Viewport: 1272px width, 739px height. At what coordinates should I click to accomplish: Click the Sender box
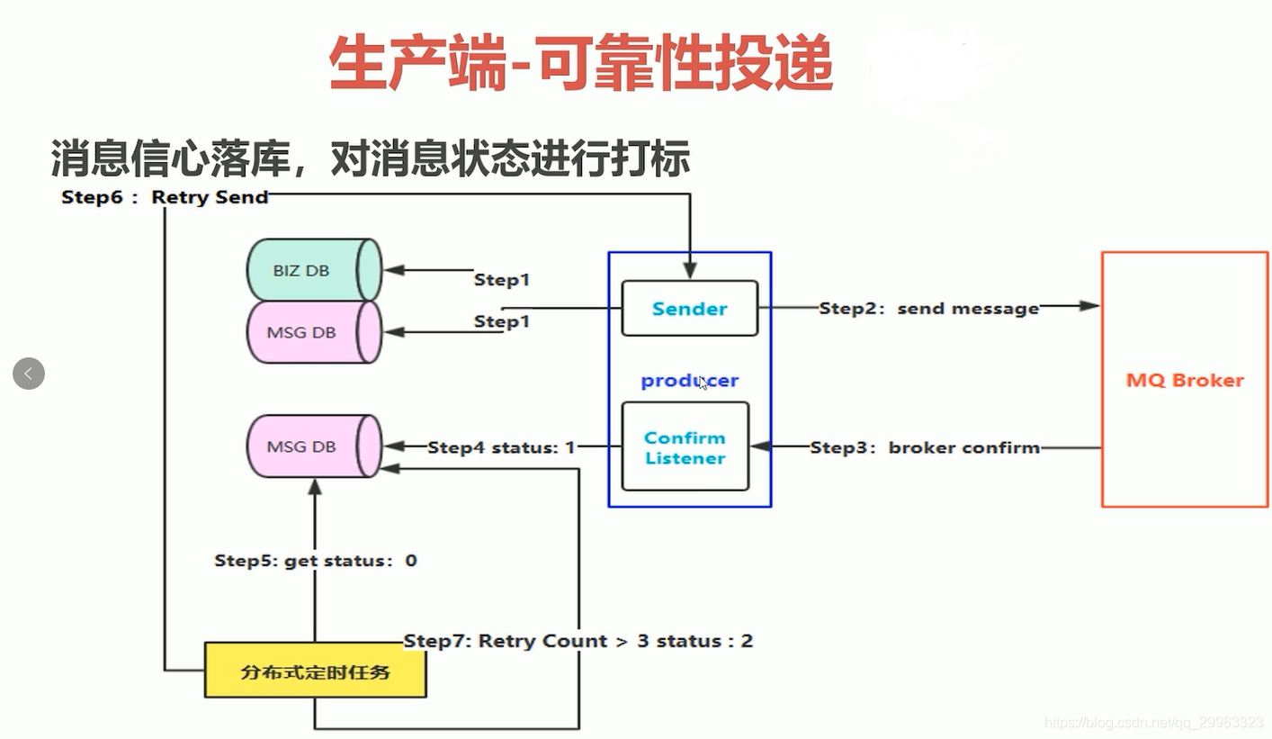pos(689,309)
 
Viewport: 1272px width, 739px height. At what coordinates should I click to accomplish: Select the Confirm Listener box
pos(685,447)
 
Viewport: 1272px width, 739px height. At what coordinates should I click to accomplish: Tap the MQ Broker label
pos(1185,380)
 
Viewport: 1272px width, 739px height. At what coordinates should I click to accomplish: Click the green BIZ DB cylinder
pos(313,270)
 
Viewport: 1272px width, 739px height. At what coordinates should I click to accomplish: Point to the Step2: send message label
pos(928,309)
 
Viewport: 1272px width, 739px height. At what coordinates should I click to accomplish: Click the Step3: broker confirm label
pos(925,447)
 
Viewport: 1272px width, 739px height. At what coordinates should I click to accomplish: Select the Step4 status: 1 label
pos(501,447)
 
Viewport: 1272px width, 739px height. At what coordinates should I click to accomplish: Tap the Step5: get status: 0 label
pos(315,561)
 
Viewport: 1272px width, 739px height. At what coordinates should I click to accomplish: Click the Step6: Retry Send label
pos(165,197)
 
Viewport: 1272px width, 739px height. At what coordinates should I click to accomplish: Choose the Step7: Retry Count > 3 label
pos(578,641)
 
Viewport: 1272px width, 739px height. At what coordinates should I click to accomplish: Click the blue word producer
pos(689,381)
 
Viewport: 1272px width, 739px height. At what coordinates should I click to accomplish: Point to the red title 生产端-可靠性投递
pos(581,65)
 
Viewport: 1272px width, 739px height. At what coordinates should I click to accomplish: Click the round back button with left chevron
pos(29,373)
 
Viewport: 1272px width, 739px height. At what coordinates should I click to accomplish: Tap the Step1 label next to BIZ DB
pos(502,280)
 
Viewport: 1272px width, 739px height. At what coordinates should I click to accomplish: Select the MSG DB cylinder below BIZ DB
pos(313,332)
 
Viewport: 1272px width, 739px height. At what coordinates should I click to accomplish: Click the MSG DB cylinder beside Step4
pos(313,446)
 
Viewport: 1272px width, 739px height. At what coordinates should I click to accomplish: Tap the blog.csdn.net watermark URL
pos(1154,723)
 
